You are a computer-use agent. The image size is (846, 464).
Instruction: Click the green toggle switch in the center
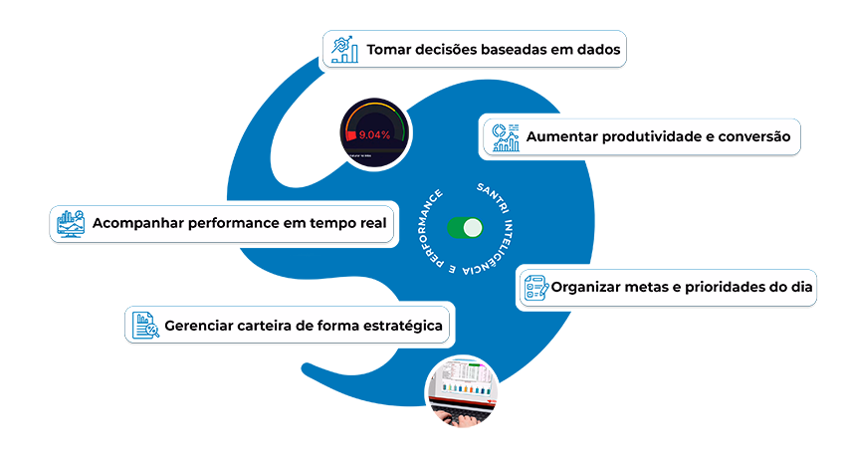point(465,228)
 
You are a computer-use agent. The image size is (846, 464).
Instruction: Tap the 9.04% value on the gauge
point(373,133)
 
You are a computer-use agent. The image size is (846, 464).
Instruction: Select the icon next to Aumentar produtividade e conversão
point(505,136)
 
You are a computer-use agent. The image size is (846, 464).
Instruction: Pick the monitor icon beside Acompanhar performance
point(70,223)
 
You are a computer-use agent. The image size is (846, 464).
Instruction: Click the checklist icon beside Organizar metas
point(536,289)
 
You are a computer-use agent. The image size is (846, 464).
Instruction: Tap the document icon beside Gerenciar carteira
point(145,325)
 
